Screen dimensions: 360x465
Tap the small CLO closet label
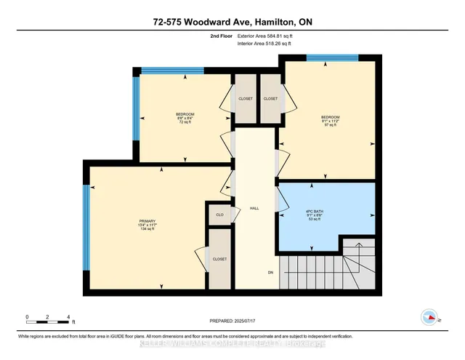[x=219, y=215]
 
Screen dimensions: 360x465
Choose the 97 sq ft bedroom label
[x=330, y=119]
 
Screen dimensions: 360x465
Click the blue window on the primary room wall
[x=86, y=228]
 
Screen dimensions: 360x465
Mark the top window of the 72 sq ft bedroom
[x=162, y=71]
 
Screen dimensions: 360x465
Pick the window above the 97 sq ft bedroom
[x=332, y=57]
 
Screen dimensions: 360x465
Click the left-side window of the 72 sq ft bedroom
[x=135, y=108]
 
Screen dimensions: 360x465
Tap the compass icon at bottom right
[x=429, y=317]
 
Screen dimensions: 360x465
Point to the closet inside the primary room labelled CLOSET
[x=219, y=259]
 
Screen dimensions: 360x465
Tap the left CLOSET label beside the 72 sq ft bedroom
[x=245, y=99]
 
